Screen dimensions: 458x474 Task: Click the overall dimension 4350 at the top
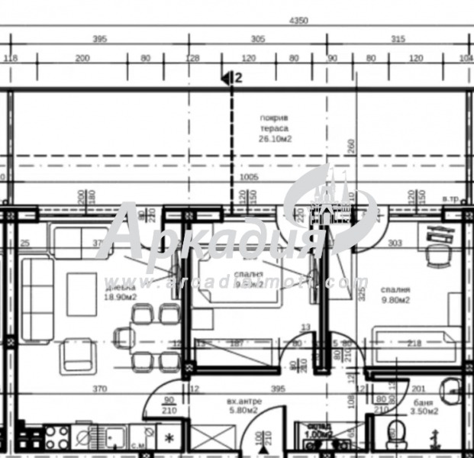(297, 21)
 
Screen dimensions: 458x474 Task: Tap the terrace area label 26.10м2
(276, 140)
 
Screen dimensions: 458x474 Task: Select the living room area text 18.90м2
(121, 298)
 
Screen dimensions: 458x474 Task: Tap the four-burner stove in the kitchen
(56, 438)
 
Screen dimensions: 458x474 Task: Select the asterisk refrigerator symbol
(169, 437)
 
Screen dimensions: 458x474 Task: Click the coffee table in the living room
(82, 294)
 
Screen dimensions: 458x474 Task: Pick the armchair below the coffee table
(77, 355)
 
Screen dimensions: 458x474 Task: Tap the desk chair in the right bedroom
(437, 257)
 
